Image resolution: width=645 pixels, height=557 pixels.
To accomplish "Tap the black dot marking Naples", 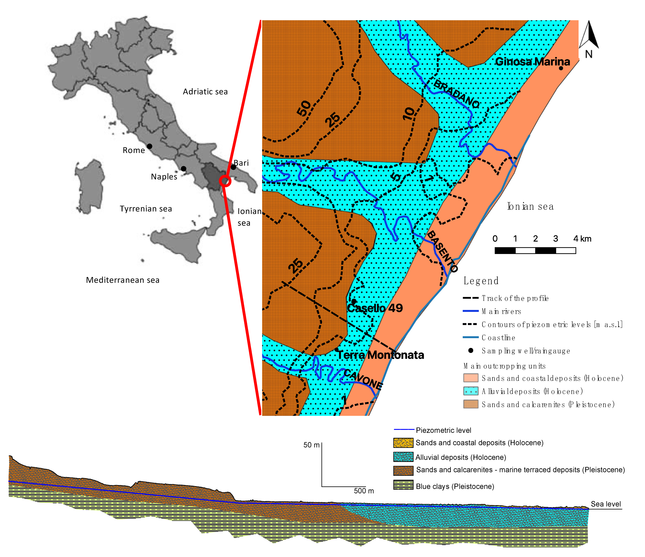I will [x=184, y=169].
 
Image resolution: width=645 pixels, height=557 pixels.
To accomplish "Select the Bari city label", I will [x=241, y=163].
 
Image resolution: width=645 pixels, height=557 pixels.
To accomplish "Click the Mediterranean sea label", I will [x=123, y=280].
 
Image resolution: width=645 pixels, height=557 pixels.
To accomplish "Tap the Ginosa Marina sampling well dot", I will [x=561, y=68].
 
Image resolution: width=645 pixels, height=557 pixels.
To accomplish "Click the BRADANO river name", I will [x=456, y=94].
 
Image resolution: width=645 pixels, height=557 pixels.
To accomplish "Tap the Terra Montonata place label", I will [x=380, y=355].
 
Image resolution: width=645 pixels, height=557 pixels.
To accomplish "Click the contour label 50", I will [x=304, y=108].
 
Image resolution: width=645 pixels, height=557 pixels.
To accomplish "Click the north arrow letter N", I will [x=589, y=54].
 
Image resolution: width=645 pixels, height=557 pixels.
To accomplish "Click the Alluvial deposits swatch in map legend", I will [x=471, y=391].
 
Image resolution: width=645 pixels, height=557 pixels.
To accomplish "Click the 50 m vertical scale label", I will [x=311, y=445].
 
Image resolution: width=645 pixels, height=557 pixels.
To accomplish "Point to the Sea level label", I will [x=606, y=504].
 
